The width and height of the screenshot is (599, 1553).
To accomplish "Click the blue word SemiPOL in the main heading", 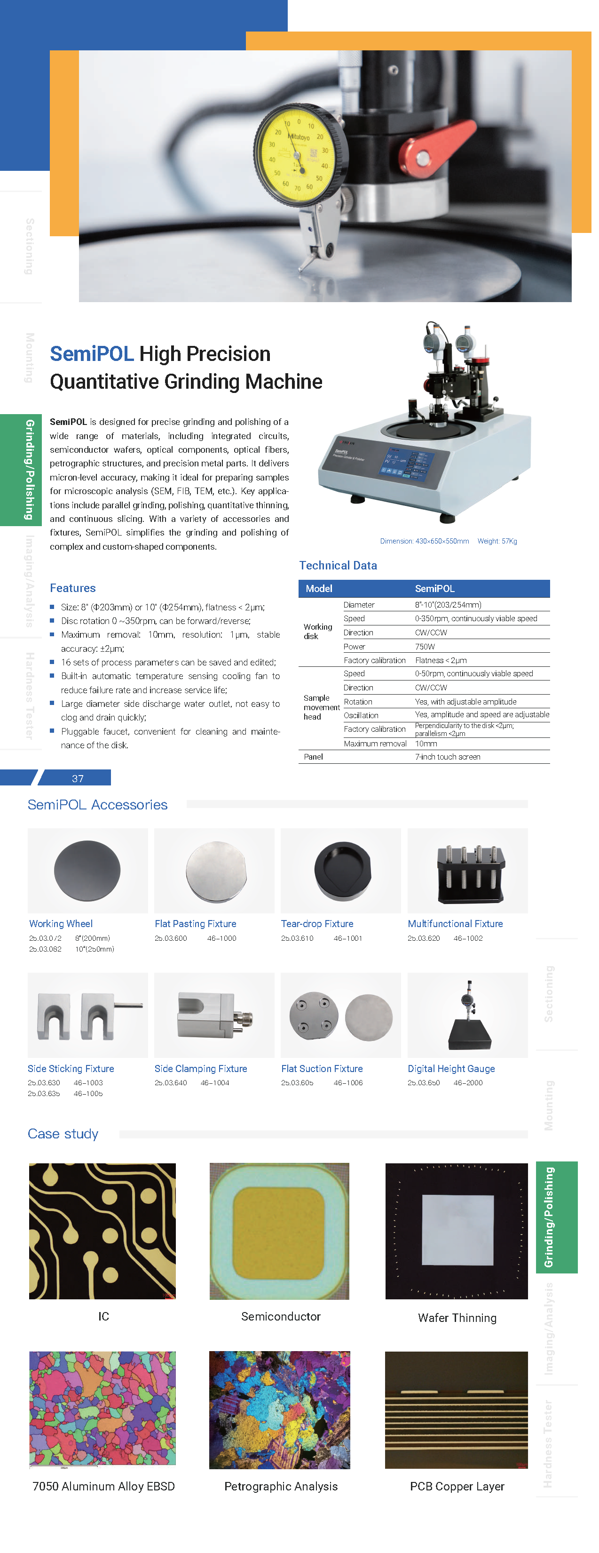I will click(x=92, y=354).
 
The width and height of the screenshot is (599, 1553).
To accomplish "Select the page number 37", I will click(x=78, y=778).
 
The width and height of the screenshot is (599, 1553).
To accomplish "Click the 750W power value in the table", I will click(x=425, y=646).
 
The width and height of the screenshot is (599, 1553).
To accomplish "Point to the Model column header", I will click(x=319, y=588).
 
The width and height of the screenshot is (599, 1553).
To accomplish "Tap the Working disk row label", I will click(x=317, y=631).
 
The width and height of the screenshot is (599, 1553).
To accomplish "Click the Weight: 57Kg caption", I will click(x=497, y=541).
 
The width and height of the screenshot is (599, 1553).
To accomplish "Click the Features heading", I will click(x=72, y=588).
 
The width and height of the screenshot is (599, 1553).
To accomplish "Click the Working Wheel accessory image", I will click(x=87, y=871).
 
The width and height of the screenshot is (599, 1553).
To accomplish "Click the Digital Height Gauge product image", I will click(x=468, y=1015).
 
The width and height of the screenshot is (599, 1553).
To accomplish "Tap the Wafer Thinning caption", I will click(x=457, y=1318).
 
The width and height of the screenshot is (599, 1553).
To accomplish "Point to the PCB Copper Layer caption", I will click(x=457, y=1486).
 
